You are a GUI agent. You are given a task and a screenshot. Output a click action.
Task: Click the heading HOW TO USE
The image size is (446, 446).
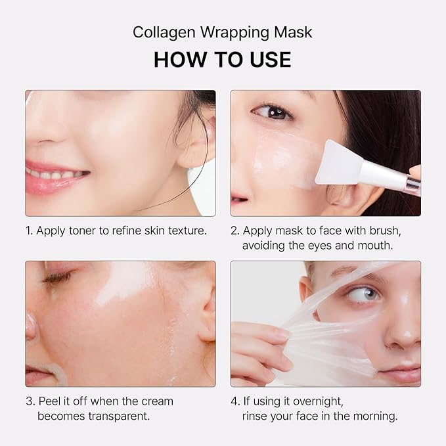pyautogui.click(x=222, y=59)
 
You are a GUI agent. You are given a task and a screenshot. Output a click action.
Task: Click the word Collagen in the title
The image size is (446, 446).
pyautogui.click(x=158, y=32)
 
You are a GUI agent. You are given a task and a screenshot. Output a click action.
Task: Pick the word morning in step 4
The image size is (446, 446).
pyautogui.click(x=375, y=416)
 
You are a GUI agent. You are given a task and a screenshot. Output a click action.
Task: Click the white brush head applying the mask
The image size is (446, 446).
pyautogui.click(x=339, y=161)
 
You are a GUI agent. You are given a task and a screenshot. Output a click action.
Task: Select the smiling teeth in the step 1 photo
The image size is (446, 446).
pyautogui.click(x=56, y=175)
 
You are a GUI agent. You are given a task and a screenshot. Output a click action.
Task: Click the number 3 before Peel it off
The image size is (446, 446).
pyautogui.click(x=29, y=401)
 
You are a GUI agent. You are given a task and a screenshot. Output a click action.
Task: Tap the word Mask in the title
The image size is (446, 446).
pyautogui.click(x=298, y=32)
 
